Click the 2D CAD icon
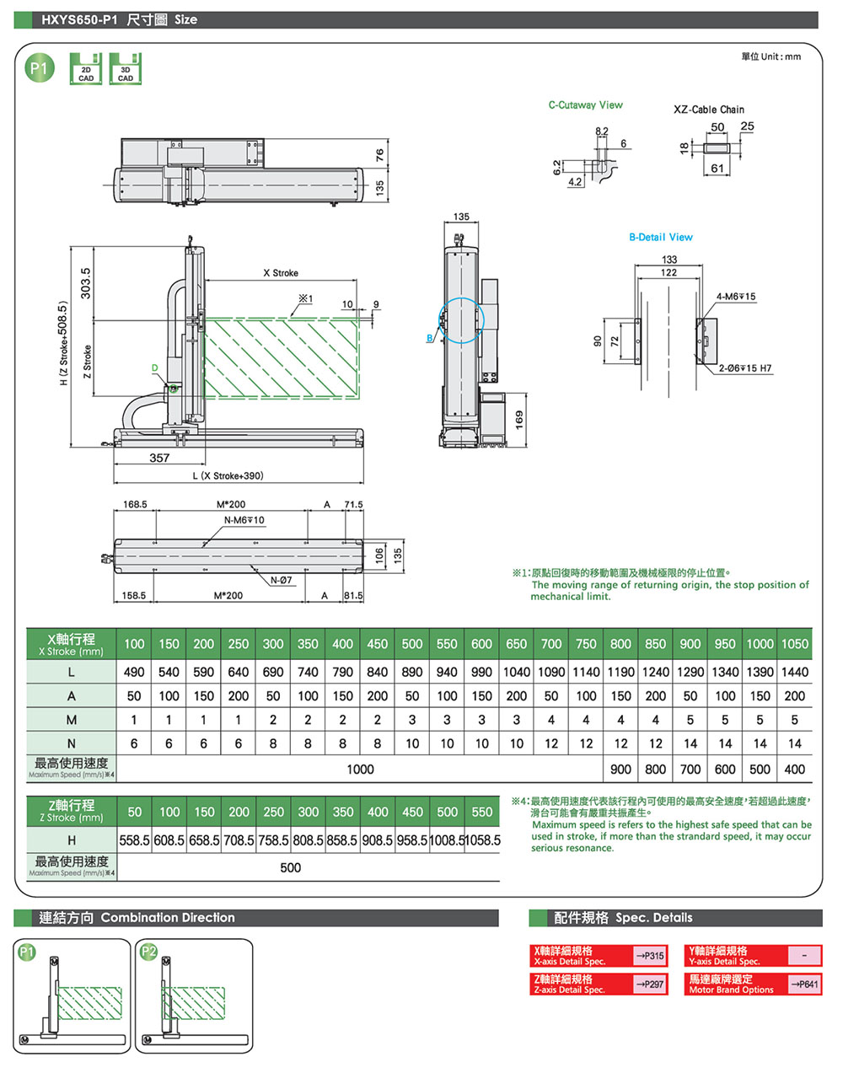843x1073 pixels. tap(86, 69)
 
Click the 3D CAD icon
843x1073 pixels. tap(125, 69)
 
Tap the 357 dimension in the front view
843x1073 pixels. tap(159, 458)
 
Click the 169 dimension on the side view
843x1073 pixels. tap(519, 418)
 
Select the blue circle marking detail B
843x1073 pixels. tap(462, 320)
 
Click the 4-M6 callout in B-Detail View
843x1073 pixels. tap(735, 297)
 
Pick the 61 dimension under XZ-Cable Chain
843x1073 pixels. tap(717, 169)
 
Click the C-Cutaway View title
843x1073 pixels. tap(585, 105)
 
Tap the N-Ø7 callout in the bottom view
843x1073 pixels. tap(281, 580)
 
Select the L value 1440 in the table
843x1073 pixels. tap(794, 672)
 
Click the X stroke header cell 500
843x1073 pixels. tap(412, 644)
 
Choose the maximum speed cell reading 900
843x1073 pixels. tap(620, 769)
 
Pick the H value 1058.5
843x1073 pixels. tap(482, 840)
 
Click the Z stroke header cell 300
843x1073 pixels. tap(309, 812)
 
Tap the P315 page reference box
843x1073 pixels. tap(650, 956)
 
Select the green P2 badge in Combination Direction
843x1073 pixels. tap(148, 952)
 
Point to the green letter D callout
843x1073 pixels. tap(155, 368)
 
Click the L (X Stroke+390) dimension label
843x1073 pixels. tap(228, 476)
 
